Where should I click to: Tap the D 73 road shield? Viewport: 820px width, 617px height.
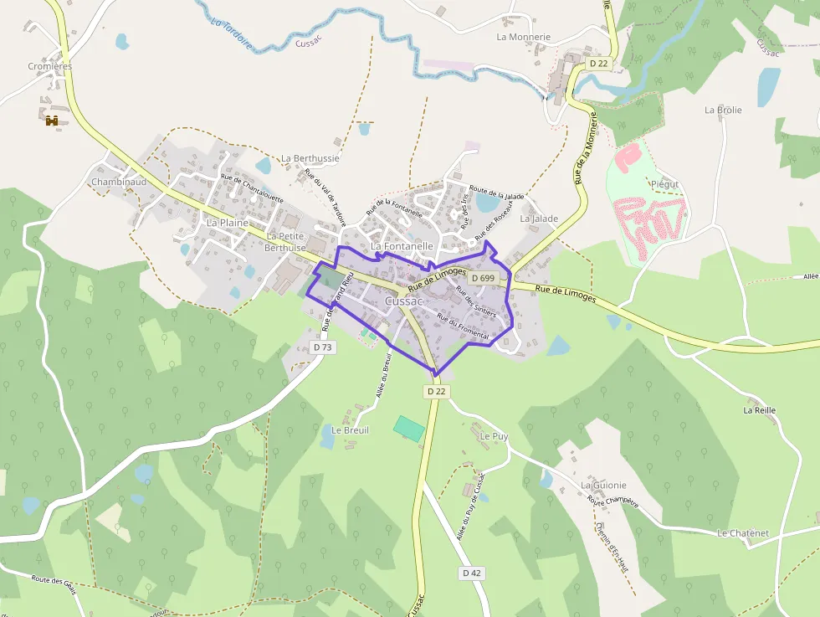(322, 347)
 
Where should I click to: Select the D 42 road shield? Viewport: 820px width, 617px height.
(472, 573)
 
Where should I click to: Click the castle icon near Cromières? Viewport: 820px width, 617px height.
(52, 121)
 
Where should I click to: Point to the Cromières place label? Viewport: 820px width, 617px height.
(50, 66)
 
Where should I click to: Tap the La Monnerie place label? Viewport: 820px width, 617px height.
(524, 37)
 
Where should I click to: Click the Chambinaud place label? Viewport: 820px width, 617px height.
(119, 182)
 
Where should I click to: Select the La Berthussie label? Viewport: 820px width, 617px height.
(310, 158)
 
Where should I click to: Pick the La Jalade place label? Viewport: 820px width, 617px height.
(539, 219)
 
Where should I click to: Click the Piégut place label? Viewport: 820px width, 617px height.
(664, 184)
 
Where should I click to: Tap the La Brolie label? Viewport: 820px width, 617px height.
(723, 110)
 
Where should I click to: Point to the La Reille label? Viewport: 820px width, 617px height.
(760, 410)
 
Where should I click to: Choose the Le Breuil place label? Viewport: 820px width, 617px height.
(350, 430)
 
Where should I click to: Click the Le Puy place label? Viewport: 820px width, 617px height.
(495, 436)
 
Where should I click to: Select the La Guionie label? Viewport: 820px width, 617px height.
(603, 485)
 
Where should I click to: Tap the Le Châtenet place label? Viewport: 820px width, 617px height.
(743, 533)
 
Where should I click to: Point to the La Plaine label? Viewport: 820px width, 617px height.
(228, 224)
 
